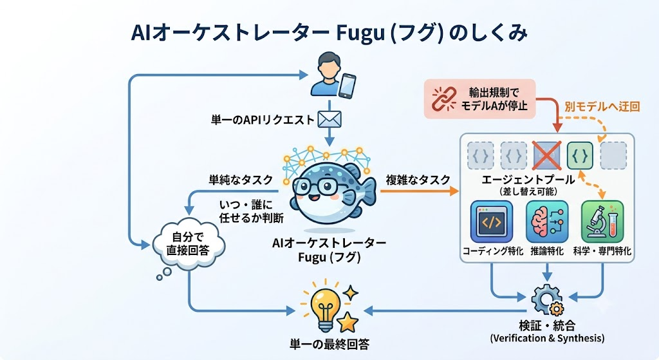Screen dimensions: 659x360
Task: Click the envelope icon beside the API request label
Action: (x=329, y=119)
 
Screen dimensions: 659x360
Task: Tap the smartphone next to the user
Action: (x=347, y=86)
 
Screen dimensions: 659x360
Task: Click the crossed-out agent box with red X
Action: (x=547, y=155)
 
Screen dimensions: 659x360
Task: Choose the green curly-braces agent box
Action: (x=580, y=155)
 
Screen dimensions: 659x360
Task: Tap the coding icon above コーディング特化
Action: (x=492, y=222)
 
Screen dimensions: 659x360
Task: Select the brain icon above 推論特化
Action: (x=547, y=222)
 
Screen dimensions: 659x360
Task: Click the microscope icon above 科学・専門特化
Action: (x=602, y=222)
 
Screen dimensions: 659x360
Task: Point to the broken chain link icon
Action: (x=444, y=99)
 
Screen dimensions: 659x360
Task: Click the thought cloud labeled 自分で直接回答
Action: (x=189, y=244)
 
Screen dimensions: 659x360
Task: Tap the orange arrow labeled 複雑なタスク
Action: (x=420, y=191)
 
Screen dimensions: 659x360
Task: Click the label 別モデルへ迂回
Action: (x=602, y=106)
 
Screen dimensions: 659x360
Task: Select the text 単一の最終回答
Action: (x=329, y=345)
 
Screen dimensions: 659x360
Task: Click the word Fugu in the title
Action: (x=360, y=33)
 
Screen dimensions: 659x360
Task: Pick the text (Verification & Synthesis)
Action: (x=547, y=338)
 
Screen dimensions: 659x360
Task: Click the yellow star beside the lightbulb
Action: (x=348, y=322)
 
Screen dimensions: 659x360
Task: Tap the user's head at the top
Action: (x=329, y=64)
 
